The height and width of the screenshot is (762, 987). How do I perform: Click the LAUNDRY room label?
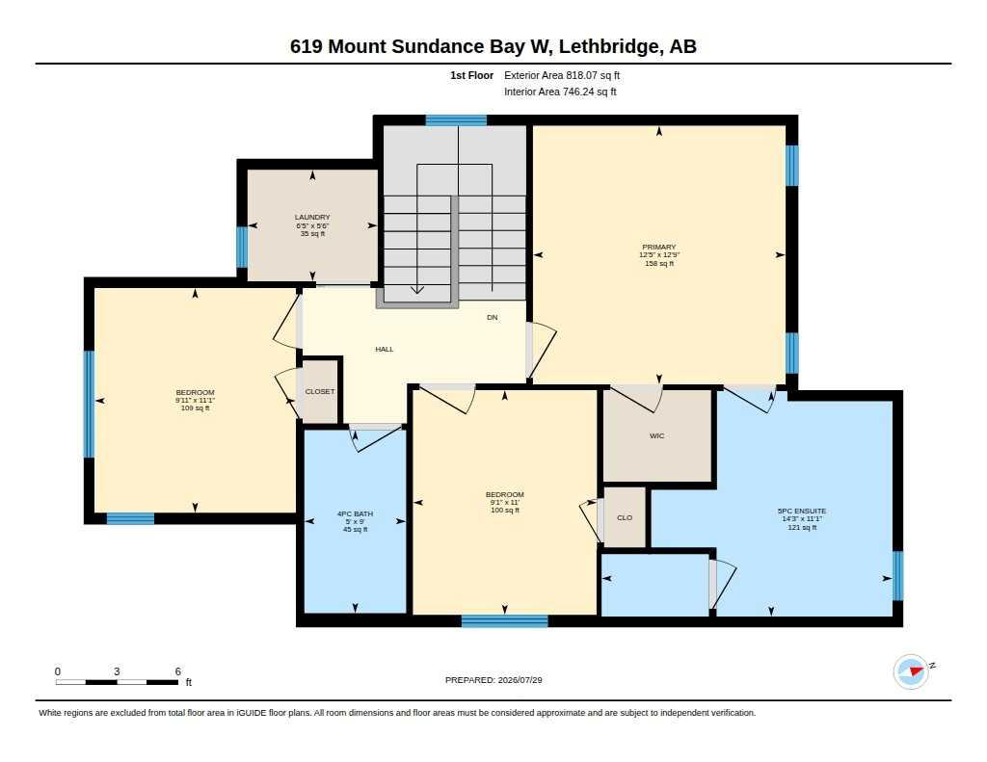312,217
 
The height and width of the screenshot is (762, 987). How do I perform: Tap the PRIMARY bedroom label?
659,248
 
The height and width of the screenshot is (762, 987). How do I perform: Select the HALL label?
384,350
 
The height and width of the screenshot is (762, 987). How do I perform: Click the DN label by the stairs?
493,318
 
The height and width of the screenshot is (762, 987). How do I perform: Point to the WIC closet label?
656,436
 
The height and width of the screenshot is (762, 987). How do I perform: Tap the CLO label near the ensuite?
625,518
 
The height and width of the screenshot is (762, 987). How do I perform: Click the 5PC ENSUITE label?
802,512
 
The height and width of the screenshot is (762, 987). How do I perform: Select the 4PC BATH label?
355,514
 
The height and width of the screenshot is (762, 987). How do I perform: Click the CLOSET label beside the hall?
320,391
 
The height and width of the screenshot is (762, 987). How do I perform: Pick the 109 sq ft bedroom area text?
195,408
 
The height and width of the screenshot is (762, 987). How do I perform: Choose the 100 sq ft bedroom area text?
505,511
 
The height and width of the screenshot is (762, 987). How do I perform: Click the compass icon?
912,671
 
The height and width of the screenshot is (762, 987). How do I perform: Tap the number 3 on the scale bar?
117,671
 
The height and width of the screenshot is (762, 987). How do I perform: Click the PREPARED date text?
493,680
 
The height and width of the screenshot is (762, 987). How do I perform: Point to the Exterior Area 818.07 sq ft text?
562,75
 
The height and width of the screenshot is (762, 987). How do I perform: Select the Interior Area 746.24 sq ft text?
560,92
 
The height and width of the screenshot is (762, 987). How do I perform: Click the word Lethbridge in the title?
609,46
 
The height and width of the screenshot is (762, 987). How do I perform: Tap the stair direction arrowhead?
417,289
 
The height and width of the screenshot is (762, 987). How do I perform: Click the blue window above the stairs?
456,120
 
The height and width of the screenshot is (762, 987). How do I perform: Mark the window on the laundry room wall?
242,247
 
